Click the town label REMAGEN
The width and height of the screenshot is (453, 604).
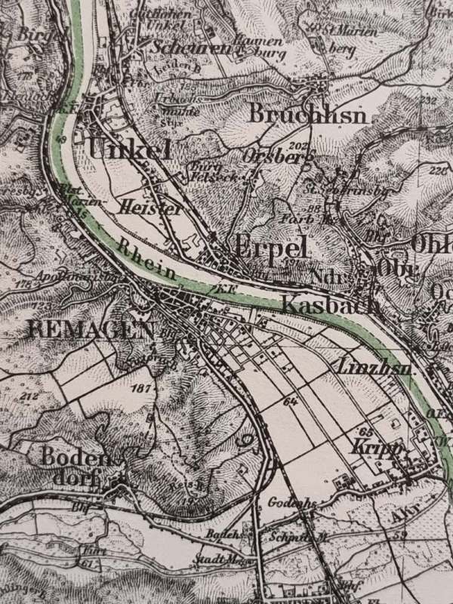(x=90, y=329)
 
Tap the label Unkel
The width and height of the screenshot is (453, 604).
(x=129, y=149)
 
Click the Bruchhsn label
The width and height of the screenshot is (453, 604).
(x=307, y=116)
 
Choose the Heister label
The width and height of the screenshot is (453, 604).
(x=150, y=207)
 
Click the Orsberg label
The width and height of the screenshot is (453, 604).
(x=277, y=156)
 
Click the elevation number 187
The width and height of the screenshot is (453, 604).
(x=141, y=388)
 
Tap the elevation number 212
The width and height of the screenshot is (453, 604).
(x=29, y=396)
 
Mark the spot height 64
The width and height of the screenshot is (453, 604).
(x=290, y=402)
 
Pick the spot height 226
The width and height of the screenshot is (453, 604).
(x=437, y=171)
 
